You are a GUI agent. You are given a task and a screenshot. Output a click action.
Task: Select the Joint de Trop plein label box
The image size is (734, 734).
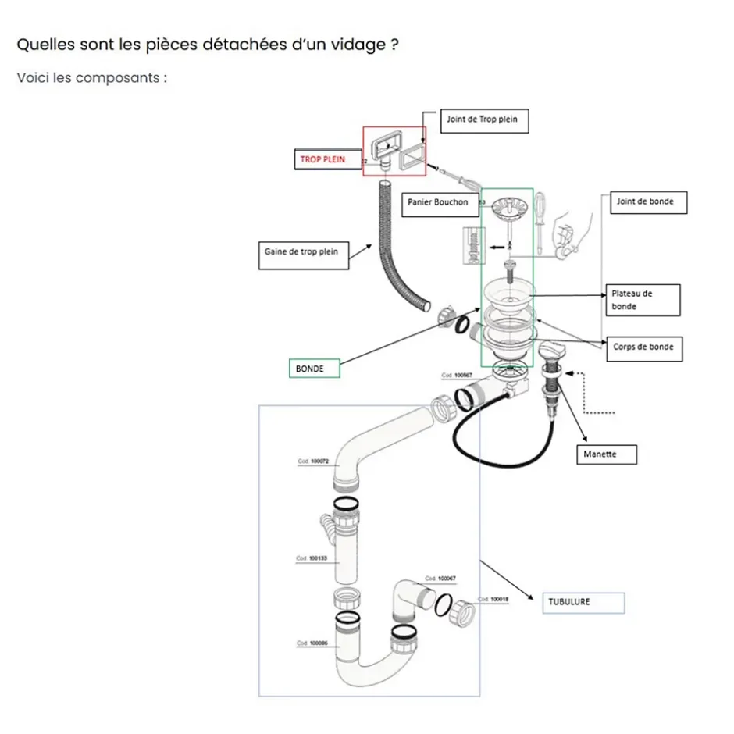482,120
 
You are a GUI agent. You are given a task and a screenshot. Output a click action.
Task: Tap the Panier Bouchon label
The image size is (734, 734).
438,202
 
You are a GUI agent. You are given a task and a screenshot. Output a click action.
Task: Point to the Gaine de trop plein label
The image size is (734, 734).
301,253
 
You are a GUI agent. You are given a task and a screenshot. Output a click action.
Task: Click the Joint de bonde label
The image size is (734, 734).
646,202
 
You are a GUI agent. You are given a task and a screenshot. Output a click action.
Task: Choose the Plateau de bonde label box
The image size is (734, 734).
644,300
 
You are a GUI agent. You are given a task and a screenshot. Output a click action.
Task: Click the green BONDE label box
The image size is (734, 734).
314,368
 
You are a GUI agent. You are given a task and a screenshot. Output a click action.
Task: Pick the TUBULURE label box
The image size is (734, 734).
583,602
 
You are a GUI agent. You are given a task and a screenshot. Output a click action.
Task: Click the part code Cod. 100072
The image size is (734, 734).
313,461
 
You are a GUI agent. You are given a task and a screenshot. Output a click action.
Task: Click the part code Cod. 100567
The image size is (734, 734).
458,376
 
